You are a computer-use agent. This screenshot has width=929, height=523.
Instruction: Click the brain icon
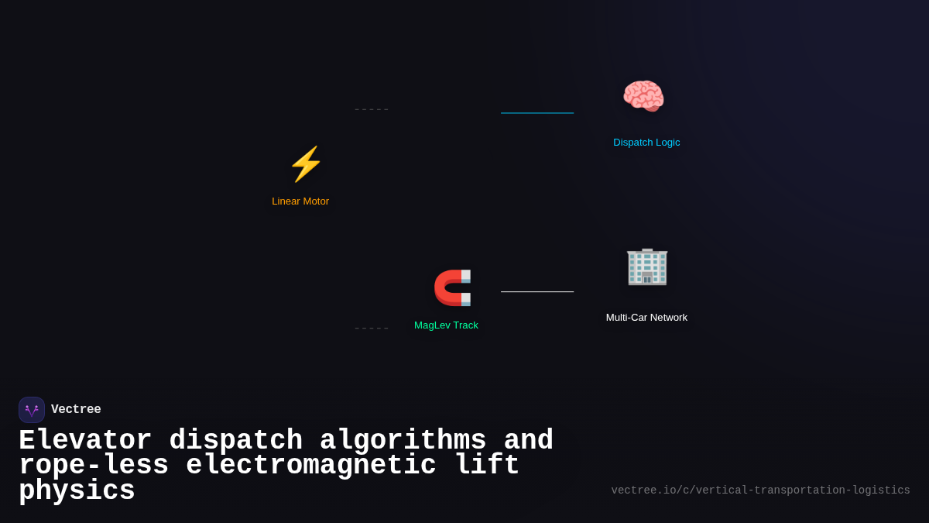[x=643, y=97]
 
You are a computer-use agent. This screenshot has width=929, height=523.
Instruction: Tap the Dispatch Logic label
[x=646, y=143]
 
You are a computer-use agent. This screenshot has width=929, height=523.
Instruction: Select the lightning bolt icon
[x=306, y=164]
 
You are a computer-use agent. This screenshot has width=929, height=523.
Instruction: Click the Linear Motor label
[x=300, y=201]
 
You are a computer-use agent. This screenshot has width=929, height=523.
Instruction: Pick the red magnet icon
[x=452, y=287]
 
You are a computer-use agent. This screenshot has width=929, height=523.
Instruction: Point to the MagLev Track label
[x=446, y=325]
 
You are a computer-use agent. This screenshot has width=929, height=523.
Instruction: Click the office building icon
[x=646, y=267]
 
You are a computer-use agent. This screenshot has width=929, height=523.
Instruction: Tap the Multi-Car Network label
[x=646, y=318]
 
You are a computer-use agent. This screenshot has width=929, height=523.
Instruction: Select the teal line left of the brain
[x=537, y=113]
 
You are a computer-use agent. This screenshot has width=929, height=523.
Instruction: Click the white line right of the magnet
[x=537, y=292]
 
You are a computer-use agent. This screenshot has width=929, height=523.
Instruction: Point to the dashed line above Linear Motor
[x=372, y=110]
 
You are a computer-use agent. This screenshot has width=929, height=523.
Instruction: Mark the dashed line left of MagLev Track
[x=372, y=329]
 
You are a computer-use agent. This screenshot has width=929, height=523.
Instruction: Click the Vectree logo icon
[x=32, y=410]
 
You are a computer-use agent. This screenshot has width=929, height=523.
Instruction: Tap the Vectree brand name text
[x=76, y=410]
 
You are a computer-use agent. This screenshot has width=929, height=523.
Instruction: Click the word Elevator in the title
[x=85, y=441]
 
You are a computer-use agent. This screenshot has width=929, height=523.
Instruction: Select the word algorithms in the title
[x=403, y=441]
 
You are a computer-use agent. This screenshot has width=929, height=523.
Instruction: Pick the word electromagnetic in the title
[x=311, y=466]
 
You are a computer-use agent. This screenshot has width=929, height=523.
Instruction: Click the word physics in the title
[x=77, y=491]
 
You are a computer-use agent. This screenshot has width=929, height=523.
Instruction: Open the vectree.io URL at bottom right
[x=760, y=490]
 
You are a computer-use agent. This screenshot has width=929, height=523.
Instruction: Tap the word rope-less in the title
[x=94, y=466]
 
